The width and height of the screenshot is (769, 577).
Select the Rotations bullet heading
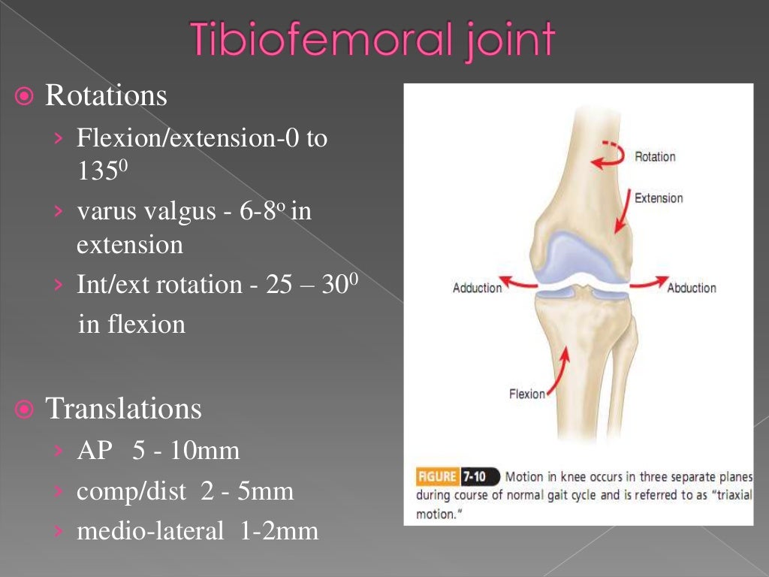[x=106, y=96]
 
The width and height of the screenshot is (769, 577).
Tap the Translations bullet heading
[x=123, y=409]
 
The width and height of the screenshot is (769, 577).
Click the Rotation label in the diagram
[x=655, y=157]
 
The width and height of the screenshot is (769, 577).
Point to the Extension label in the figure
[x=659, y=198]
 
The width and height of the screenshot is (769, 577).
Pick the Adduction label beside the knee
[x=477, y=288]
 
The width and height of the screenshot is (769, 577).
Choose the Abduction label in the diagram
[x=692, y=288]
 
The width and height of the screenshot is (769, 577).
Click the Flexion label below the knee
[x=526, y=394]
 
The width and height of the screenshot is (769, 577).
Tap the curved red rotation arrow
[x=608, y=153]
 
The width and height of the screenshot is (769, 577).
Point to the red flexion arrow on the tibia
[x=559, y=372]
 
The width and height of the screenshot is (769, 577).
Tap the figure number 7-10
[x=478, y=476]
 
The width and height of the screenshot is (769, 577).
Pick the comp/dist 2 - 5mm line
[x=185, y=491]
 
